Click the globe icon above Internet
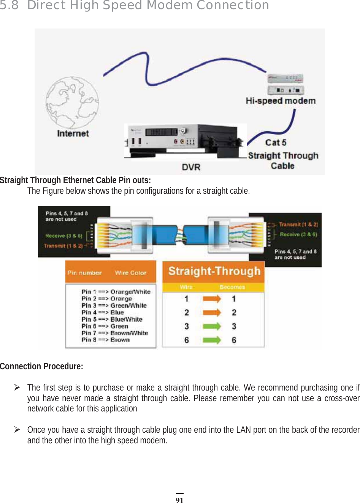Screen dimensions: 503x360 (72, 103)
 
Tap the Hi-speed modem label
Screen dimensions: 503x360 (281, 101)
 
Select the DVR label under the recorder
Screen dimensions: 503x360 (191, 167)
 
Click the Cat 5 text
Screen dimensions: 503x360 (276, 142)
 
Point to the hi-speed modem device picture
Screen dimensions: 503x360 (285, 85)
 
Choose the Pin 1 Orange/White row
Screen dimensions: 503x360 (116, 292)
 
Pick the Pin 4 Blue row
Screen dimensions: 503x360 (103, 312)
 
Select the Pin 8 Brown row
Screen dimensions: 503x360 (105, 340)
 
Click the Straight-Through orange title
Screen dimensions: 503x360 (214, 271)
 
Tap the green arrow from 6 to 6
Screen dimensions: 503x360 (211, 340)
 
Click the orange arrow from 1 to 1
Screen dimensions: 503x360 (211, 299)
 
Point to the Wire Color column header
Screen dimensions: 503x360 (130, 273)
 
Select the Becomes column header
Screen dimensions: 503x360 (232, 287)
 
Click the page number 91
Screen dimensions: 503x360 (179, 500)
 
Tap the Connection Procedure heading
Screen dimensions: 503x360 (41, 366)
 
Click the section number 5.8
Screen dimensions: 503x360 (9, 5)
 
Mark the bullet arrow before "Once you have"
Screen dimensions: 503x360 (17, 430)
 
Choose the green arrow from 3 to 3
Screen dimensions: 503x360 (211, 326)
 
